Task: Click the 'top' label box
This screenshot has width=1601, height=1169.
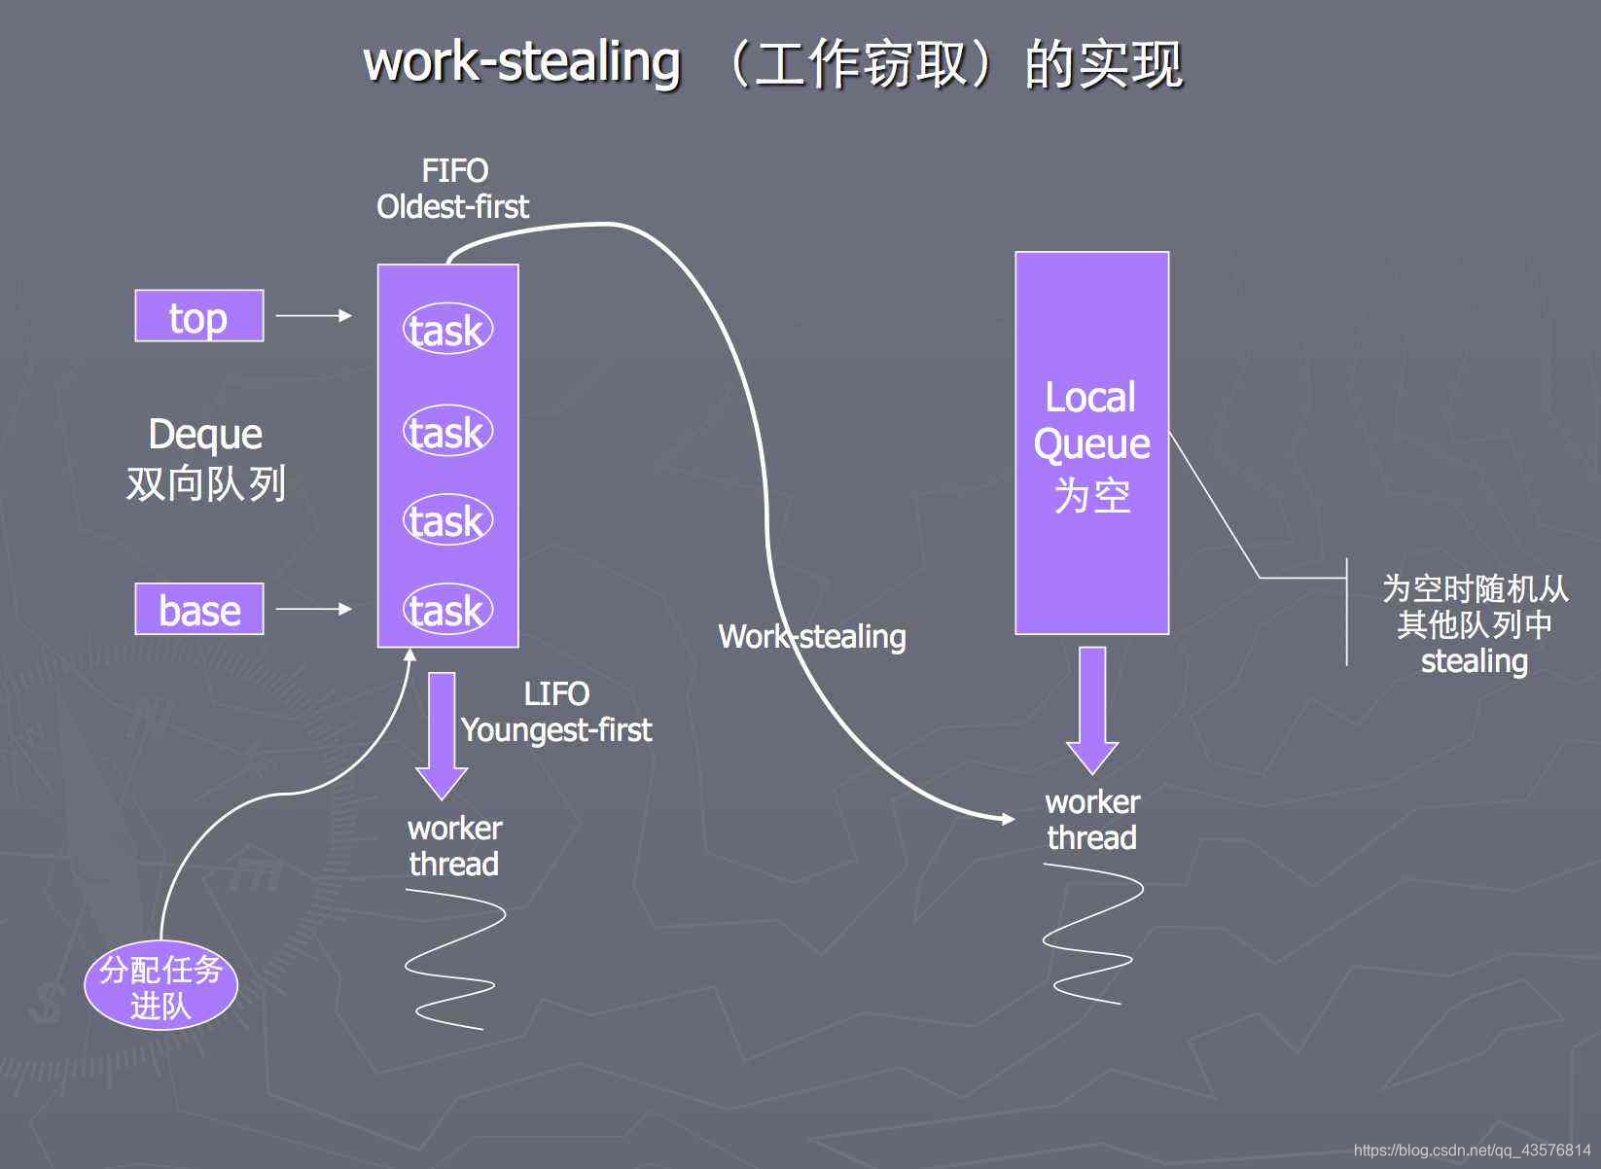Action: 198,316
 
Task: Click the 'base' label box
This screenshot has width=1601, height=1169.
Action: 198,610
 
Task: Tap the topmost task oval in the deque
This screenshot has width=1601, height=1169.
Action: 447,331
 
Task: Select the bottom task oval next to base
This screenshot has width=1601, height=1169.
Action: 447,611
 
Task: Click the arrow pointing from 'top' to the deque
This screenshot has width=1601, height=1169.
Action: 313,315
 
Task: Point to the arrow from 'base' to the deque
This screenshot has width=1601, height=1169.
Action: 313,609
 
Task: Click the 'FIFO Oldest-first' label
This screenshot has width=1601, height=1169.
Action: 453,189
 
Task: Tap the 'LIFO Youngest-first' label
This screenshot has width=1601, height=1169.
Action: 555,712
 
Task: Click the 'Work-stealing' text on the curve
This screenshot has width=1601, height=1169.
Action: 812,637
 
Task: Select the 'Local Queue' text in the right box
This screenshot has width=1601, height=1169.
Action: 1091,420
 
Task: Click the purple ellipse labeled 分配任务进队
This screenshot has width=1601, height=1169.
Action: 160,986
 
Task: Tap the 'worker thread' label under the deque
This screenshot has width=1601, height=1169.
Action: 453,846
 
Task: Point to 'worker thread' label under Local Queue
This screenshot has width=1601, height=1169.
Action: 1092,820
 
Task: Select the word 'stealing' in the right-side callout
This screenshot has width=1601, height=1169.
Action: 1474,662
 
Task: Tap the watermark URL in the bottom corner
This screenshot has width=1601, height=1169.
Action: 1472,1151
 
